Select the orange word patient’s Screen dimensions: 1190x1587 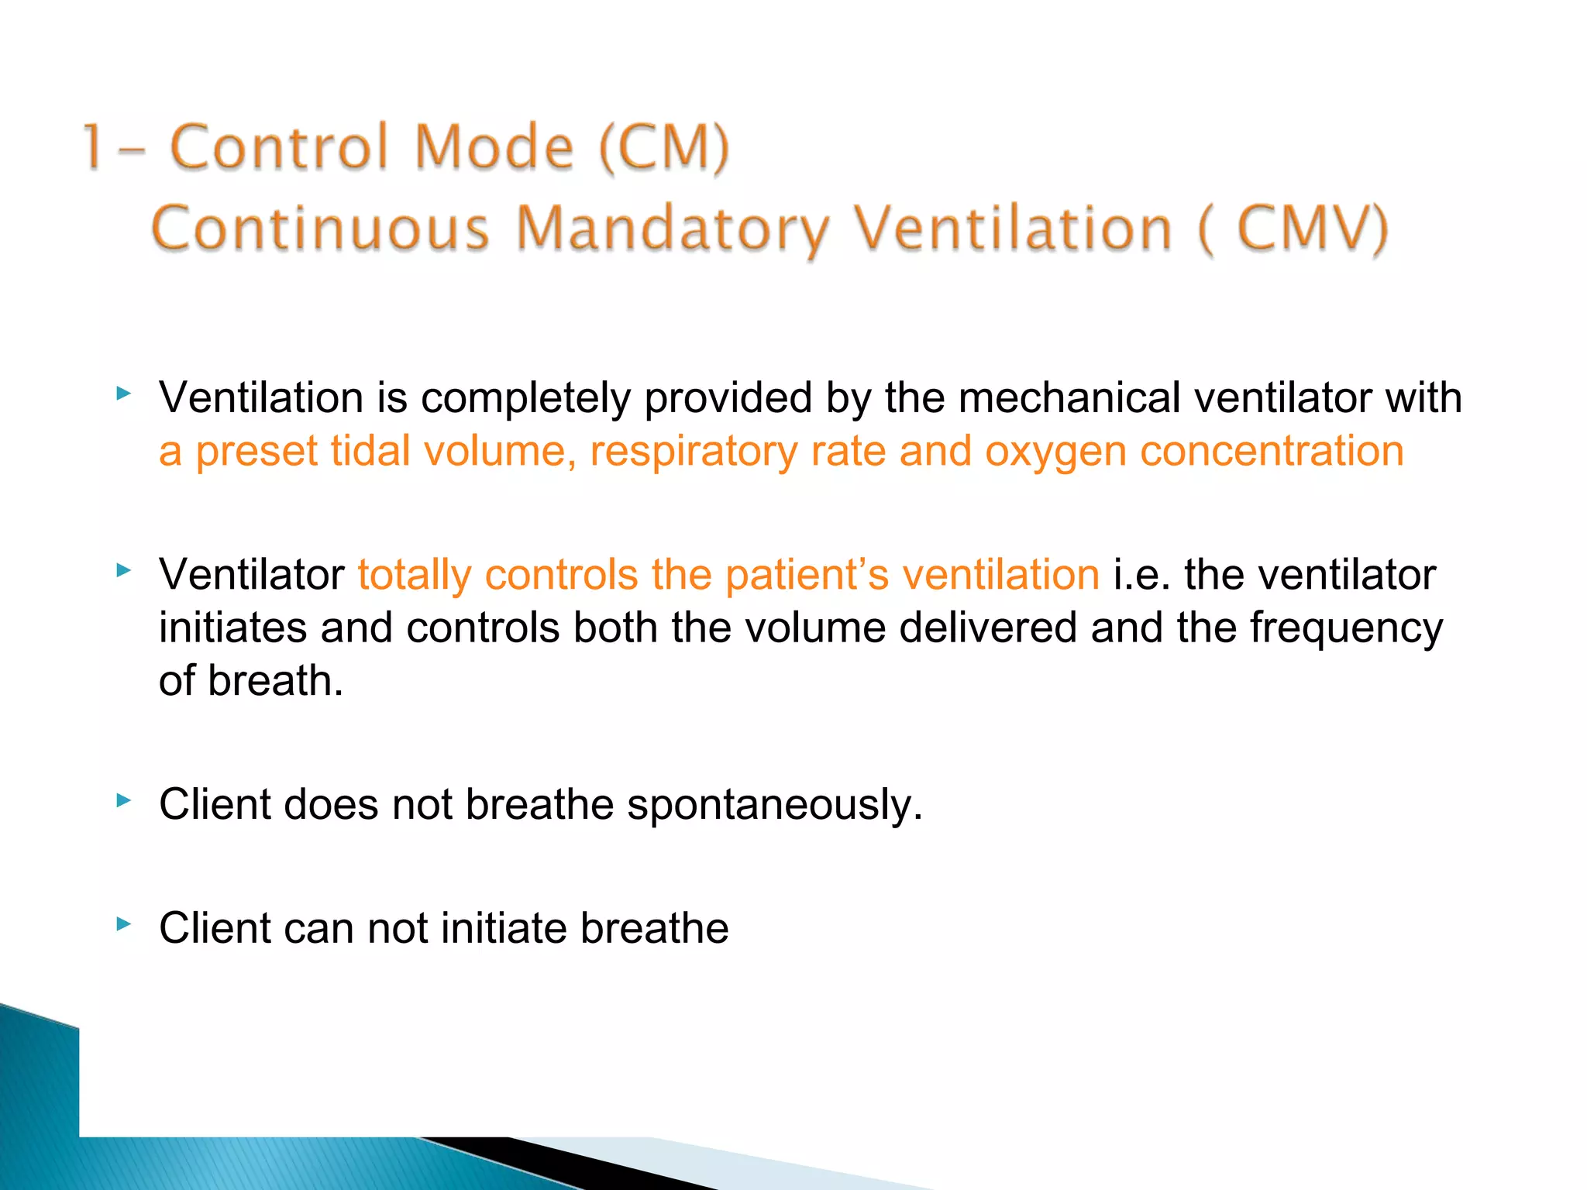[x=807, y=575]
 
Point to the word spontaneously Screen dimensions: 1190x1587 [x=775, y=805]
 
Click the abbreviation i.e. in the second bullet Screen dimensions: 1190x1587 [x=1141, y=575]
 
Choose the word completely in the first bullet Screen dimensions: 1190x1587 [x=526, y=398]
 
